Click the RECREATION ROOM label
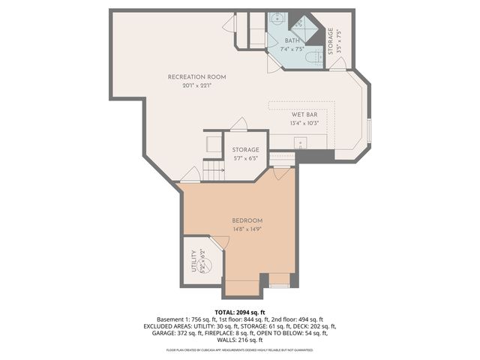[x=196, y=77]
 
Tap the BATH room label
[x=292, y=41]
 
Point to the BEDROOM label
[x=247, y=220]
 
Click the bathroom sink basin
[x=275, y=16]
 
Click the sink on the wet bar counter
[x=298, y=142]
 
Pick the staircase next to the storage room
[x=214, y=172]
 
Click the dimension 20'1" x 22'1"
[x=196, y=85]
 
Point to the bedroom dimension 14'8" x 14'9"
[x=247, y=229]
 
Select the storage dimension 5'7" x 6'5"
[x=245, y=158]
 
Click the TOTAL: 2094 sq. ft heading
[x=240, y=312]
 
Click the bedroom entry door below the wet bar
[x=281, y=174]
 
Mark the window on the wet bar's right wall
[x=369, y=130]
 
